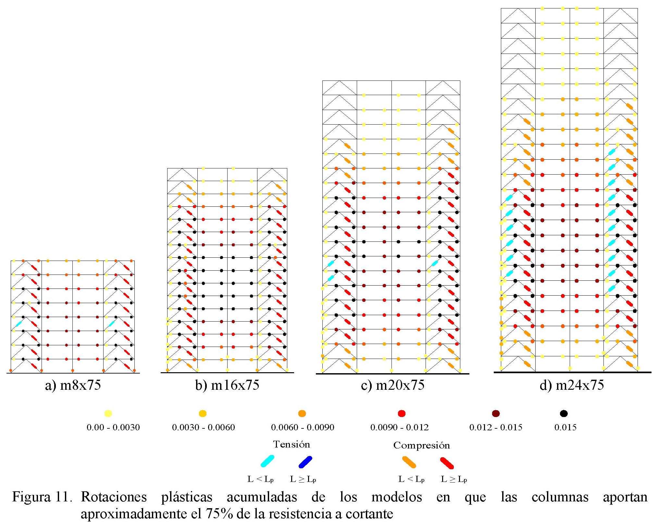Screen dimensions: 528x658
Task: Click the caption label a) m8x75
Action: pos(73,385)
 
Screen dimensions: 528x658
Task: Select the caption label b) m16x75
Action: pos(227,385)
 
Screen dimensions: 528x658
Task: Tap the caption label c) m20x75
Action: pos(392,385)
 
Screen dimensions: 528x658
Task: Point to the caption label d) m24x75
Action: pos(572,385)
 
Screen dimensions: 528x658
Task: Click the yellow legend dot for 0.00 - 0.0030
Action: pos(108,413)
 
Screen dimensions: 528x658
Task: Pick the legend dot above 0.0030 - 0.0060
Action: pos(203,413)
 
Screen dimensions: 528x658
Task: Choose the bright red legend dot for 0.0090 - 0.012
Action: pos(402,413)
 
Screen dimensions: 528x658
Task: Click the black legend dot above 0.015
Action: pos(564,413)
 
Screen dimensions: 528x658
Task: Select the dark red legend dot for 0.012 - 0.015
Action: pos(496,413)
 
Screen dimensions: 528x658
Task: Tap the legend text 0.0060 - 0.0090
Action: pos(303,427)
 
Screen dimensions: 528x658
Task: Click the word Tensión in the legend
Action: pos(292,444)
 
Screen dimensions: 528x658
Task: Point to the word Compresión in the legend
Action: pos(421,445)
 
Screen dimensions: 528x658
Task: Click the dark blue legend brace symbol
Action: pos(305,462)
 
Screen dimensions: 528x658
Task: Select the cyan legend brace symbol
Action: pos(267,461)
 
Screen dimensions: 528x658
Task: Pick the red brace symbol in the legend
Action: pos(447,463)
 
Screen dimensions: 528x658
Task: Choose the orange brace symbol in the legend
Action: pos(409,462)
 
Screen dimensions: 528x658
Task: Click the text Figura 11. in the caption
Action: pos(42,497)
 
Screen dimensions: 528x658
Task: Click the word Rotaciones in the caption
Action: pos(114,497)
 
